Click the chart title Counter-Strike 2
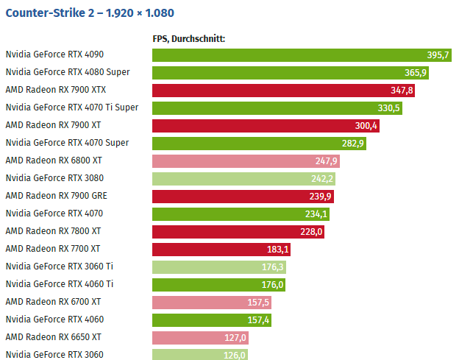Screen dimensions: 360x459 pos(90,13)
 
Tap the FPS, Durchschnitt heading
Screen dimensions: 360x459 pos(188,39)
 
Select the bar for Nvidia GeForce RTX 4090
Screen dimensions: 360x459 pos(294,55)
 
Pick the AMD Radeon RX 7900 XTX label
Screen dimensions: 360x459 pos(55,90)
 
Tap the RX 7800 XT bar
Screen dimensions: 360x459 pos(235,231)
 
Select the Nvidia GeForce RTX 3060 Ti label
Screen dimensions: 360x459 pos(59,267)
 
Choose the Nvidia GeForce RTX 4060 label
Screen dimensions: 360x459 pos(54,320)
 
